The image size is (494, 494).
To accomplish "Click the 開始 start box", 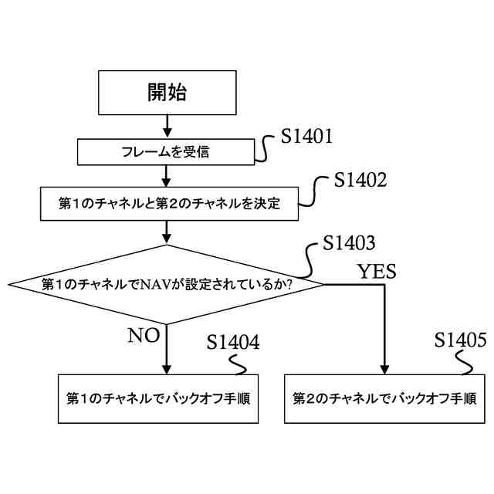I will point(167,92).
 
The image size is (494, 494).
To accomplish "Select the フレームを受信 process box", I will point(167,151).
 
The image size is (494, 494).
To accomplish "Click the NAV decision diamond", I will point(167,285).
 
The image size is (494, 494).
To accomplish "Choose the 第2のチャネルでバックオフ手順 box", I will point(383,399).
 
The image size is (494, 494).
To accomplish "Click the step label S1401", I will point(306,137).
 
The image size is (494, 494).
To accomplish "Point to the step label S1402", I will point(360,180).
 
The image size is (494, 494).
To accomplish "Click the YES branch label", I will point(377,271).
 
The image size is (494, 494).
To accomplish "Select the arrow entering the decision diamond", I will point(167,232).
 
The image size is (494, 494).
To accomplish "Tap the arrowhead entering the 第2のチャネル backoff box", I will point(383,369).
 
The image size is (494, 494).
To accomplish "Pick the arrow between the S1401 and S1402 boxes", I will point(167,177).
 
